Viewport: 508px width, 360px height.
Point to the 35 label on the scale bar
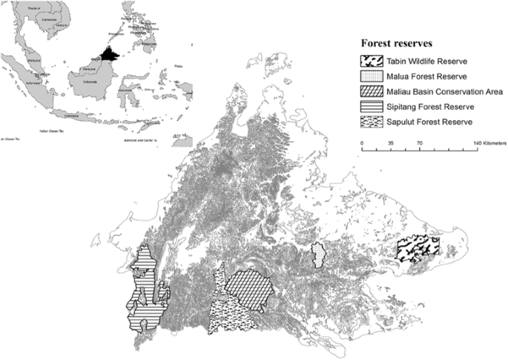(390, 141)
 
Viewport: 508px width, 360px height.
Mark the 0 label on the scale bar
(362, 141)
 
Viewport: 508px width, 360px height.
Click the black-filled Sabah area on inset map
(110, 53)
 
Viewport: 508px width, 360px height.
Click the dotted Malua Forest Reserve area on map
(320, 255)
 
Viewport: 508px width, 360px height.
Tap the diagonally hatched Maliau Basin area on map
(248, 287)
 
